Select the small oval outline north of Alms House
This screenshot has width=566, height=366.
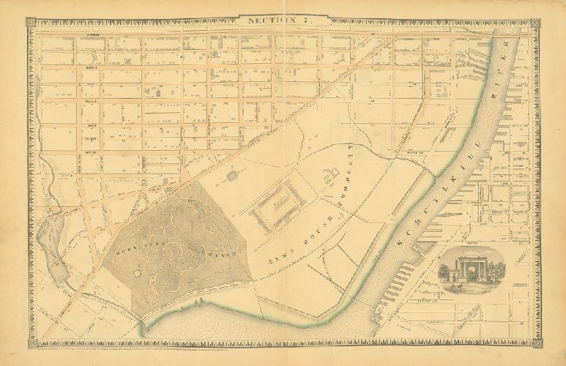[232, 175]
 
